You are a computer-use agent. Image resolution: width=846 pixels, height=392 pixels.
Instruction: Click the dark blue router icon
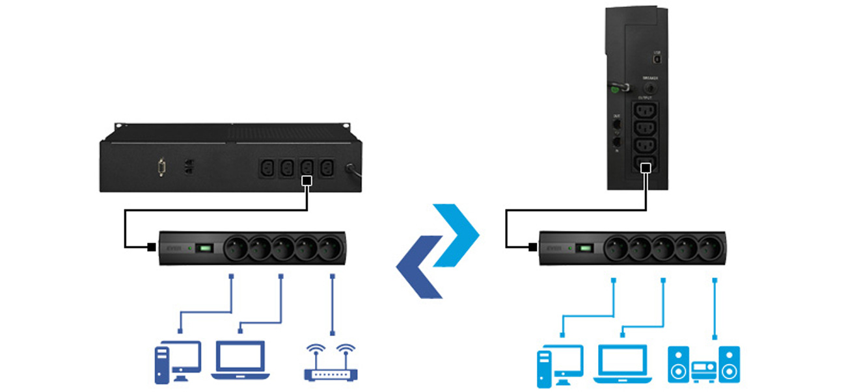click(x=331, y=362)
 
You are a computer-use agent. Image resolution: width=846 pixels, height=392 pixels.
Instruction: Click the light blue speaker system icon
click(x=703, y=364)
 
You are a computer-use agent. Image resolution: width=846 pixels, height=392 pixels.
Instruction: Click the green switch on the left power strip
click(x=205, y=248)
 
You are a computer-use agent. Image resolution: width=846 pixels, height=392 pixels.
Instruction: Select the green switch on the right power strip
click(x=586, y=248)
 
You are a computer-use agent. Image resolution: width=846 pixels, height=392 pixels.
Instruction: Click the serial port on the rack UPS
click(x=161, y=168)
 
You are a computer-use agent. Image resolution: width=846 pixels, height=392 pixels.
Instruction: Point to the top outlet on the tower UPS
click(x=644, y=111)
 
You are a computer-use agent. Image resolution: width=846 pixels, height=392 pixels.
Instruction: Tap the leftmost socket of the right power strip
click(x=616, y=248)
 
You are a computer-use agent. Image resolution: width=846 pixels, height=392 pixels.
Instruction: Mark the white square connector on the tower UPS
click(x=645, y=168)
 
